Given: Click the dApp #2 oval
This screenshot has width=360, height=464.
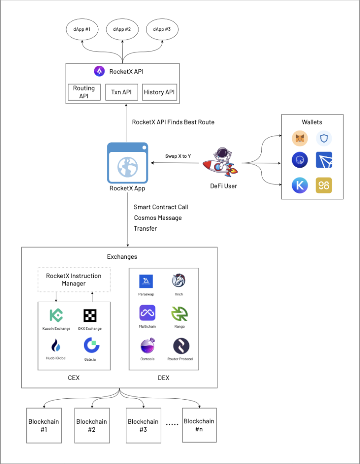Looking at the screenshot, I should (122, 30).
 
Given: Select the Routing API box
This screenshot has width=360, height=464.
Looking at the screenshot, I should (84, 92).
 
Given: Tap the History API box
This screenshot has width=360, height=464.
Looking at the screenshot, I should (159, 92).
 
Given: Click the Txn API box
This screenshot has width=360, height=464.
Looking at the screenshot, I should (121, 92).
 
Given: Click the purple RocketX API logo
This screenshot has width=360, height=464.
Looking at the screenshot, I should (99, 71).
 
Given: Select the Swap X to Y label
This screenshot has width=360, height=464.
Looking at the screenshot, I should (178, 156).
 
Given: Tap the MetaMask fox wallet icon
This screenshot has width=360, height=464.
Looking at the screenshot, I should (300, 138).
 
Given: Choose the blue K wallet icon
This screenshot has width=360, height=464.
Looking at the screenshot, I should (300, 185).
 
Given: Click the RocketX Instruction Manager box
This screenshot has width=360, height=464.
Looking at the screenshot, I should (74, 280).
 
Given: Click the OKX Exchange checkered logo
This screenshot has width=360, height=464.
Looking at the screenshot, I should (90, 315).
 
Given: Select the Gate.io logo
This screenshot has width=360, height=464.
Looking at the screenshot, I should (91, 345).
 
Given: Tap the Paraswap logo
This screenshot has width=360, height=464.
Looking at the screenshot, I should (146, 281).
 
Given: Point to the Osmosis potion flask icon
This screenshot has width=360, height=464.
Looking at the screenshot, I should (147, 346).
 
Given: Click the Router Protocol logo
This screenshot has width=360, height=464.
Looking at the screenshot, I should (181, 346).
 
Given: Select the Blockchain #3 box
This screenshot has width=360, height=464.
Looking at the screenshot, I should (143, 425).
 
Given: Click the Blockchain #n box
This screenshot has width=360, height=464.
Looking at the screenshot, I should (200, 425).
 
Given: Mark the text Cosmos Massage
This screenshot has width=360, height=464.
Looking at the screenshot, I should (158, 218).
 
